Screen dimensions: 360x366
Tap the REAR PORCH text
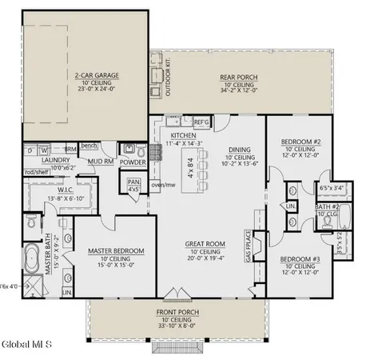(x=237, y=78)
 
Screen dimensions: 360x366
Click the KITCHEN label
(x=183, y=136)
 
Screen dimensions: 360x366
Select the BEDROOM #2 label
(x=300, y=141)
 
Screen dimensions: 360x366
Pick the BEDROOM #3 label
(x=300, y=259)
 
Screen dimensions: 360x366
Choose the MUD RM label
(x=101, y=161)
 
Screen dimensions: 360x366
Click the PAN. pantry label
(x=133, y=182)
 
